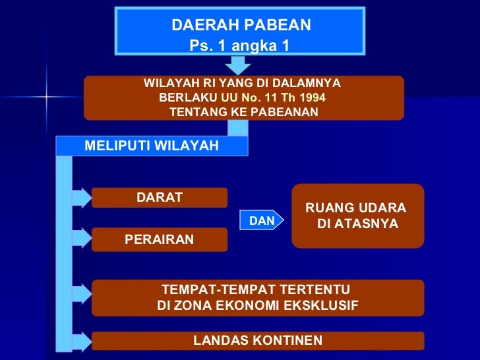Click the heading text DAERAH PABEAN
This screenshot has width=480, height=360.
pos(241,25)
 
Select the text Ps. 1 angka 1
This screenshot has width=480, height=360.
pos(239,46)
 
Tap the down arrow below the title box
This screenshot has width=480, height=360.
pos(238,65)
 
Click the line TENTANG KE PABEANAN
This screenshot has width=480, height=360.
pos(243,112)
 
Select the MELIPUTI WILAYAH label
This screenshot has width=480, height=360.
pos(152,146)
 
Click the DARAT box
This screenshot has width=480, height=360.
pos(160,197)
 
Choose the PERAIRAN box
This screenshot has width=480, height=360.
pos(160,239)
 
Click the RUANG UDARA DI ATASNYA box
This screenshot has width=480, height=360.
pos(357,216)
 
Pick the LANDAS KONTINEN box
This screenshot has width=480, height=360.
pos(258,340)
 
